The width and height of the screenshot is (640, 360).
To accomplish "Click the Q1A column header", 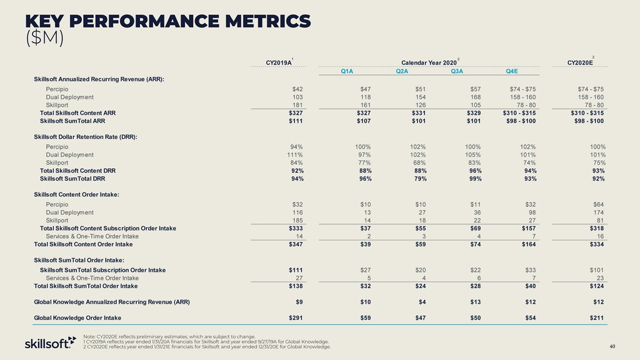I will [x=347, y=71].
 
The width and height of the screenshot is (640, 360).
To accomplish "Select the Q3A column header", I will [x=456, y=71].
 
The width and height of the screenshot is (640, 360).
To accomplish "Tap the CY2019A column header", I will [x=279, y=62].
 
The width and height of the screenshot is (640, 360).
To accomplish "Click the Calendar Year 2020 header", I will [x=429, y=62].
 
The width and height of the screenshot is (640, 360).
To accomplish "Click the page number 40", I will [x=612, y=347].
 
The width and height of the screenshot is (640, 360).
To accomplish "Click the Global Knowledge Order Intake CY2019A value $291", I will [x=295, y=318].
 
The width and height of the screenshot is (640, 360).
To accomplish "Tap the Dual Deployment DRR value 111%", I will [x=294, y=154].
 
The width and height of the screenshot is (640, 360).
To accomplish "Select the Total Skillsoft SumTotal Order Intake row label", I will [x=86, y=286].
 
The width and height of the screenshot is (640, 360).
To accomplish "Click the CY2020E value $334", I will [x=596, y=244].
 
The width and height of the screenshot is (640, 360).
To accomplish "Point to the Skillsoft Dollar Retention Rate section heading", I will [x=86, y=136].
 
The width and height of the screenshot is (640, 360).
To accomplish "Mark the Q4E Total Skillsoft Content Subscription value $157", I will [x=526, y=228].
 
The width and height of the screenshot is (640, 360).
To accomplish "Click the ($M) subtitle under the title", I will [x=44, y=37].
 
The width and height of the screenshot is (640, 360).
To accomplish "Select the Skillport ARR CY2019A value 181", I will [x=297, y=105].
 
